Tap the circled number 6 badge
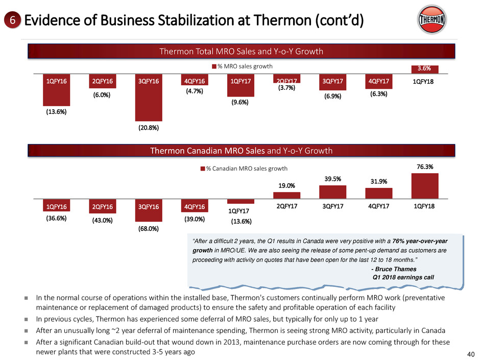coord(11,20)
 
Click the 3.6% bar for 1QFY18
coord(424,69)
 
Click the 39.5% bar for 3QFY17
coord(332,192)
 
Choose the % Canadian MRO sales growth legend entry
coord(245,168)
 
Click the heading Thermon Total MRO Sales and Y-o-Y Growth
coord(241,51)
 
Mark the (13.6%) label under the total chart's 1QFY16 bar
coord(56,111)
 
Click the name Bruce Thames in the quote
coord(395,269)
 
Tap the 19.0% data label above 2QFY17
coord(286,187)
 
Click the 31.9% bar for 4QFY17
coord(378,194)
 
